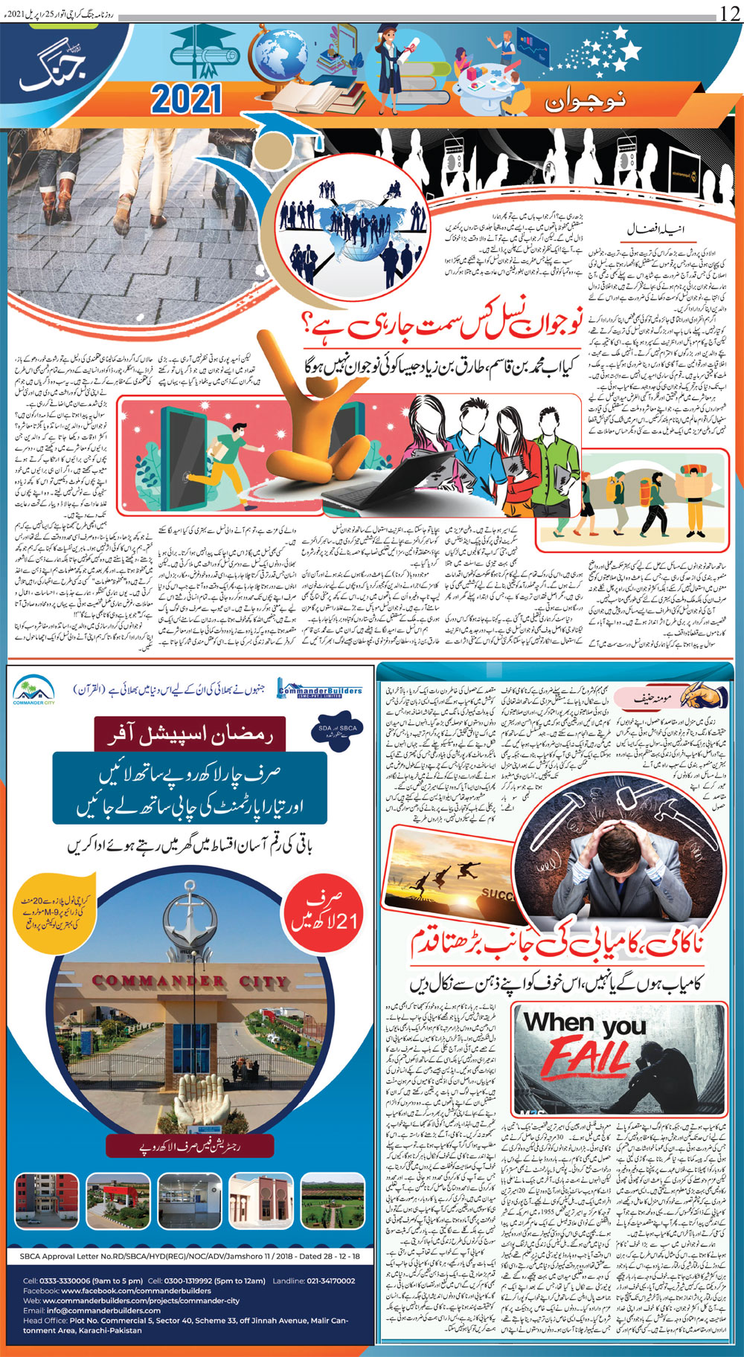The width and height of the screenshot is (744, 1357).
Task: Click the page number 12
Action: pos(728,13)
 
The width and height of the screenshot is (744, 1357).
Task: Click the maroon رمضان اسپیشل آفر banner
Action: pos(189,736)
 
